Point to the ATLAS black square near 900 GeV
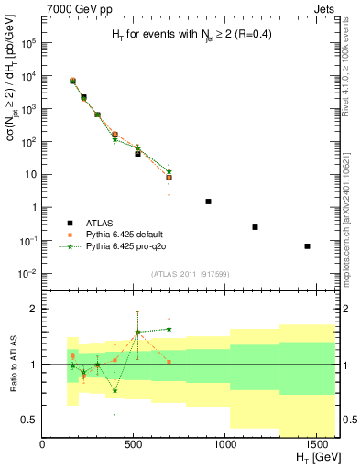click(x=208, y=201)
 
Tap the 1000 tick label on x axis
click(x=226, y=444)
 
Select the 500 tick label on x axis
click(x=135, y=444)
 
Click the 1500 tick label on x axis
click(x=318, y=444)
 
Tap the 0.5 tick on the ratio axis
click(x=29, y=420)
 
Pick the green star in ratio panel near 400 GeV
click(x=115, y=390)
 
